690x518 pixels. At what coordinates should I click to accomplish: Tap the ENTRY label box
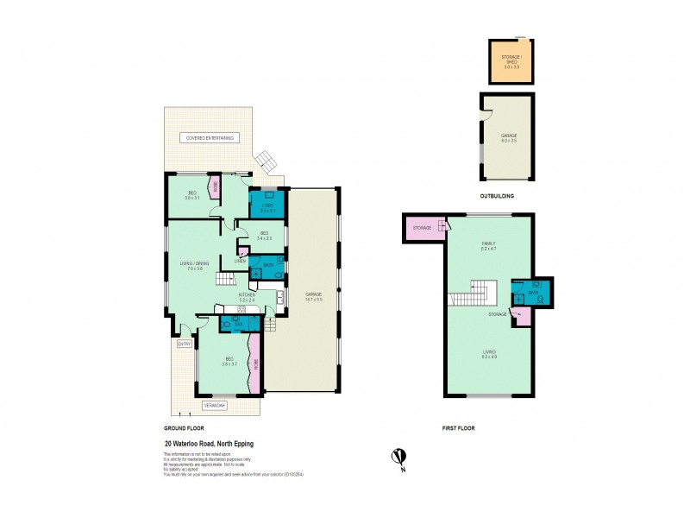(x=184, y=344)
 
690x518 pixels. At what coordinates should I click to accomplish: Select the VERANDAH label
(x=214, y=404)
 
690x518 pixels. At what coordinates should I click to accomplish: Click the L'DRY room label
(x=267, y=207)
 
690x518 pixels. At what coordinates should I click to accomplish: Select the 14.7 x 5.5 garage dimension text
(x=312, y=300)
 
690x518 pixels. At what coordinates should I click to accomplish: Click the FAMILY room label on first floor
(x=487, y=245)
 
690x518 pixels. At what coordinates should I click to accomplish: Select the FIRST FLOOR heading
(x=459, y=428)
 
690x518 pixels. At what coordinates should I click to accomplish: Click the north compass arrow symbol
(x=398, y=455)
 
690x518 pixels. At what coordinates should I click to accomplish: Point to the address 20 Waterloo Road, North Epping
(x=209, y=445)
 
